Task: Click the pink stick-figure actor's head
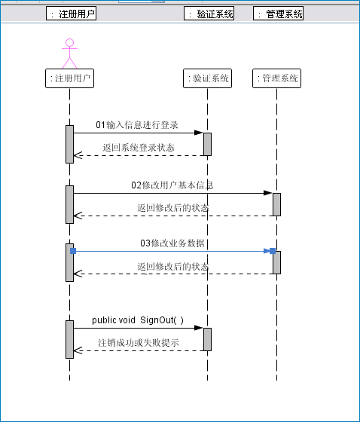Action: [x=70, y=42]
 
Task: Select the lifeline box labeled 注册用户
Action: [x=70, y=78]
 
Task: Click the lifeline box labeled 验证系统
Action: [x=207, y=78]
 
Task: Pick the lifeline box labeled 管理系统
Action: [x=276, y=78]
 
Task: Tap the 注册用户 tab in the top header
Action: [x=71, y=14]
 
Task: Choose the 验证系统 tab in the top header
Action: [x=209, y=14]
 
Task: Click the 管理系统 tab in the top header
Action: [x=278, y=14]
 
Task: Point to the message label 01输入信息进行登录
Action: [x=137, y=125]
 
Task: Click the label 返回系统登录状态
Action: [x=139, y=148]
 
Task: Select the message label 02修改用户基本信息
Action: [x=172, y=185]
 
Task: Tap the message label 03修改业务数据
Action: [x=172, y=243]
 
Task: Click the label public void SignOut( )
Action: [x=138, y=320]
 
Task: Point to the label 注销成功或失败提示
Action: [x=139, y=343]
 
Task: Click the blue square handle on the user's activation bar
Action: [x=73, y=251]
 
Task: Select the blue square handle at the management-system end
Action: [x=273, y=251]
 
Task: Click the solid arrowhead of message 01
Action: [x=199, y=133]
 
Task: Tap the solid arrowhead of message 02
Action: [x=268, y=193]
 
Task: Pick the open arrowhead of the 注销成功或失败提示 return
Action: [x=78, y=350]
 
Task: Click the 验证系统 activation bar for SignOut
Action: [x=207, y=339]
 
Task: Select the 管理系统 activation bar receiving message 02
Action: [x=276, y=204]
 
